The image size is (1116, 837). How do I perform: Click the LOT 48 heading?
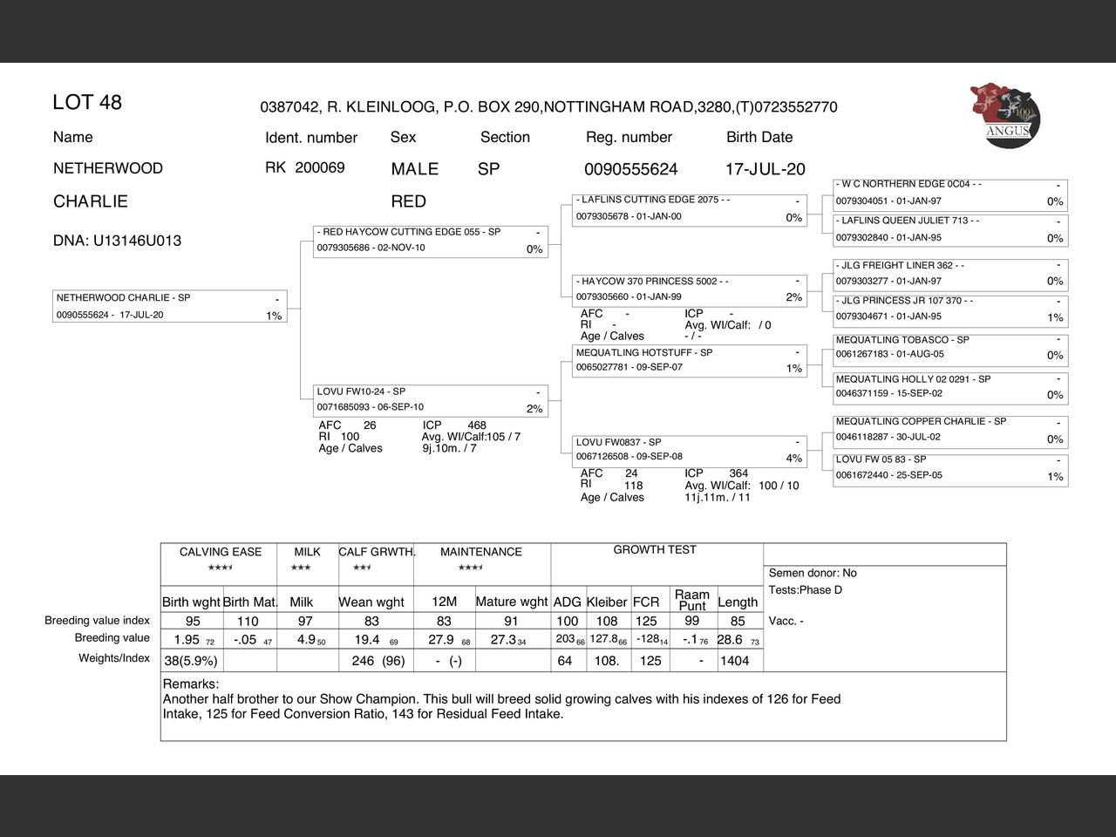pyautogui.click(x=87, y=102)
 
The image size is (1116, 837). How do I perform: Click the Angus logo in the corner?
pyautogui.click(x=1005, y=115)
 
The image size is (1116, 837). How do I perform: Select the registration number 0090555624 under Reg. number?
pyautogui.click(x=630, y=169)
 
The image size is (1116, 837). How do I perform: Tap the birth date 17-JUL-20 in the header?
pyautogui.click(x=765, y=169)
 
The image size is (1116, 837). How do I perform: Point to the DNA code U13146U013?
pyautogui.click(x=117, y=241)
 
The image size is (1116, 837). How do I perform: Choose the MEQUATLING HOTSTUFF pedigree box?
pyautogui.click(x=689, y=360)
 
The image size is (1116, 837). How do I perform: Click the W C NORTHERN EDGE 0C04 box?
pyautogui.click(x=949, y=193)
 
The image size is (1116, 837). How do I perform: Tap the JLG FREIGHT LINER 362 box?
pyautogui.click(x=949, y=273)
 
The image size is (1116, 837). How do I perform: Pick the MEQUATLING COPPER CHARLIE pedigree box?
pyautogui.click(x=949, y=429)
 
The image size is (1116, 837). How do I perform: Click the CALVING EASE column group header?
pyautogui.click(x=220, y=552)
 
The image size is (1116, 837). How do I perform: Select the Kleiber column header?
pyautogui.click(x=607, y=602)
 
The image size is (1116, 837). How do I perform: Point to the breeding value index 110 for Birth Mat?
pyautogui.click(x=248, y=622)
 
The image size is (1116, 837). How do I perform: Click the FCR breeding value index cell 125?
pyautogui.click(x=646, y=622)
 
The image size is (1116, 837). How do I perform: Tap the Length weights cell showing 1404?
pyautogui.click(x=734, y=661)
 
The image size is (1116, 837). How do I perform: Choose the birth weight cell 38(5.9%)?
pyautogui.click(x=191, y=661)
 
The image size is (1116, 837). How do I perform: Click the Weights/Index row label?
pyautogui.click(x=113, y=658)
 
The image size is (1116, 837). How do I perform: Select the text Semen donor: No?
pyautogui.click(x=812, y=573)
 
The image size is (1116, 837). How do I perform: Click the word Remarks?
pyautogui.click(x=190, y=684)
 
